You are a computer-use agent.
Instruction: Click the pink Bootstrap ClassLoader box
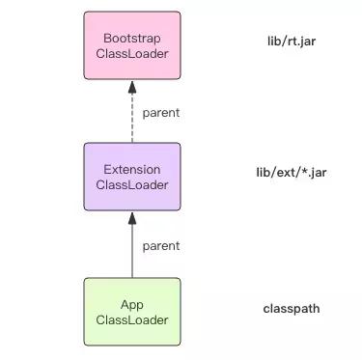(131, 46)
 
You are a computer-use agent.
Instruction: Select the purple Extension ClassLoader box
(131, 177)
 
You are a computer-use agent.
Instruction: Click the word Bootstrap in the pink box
(131, 38)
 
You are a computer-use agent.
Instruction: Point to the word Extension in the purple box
(131, 169)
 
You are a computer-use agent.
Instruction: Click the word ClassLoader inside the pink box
(131, 54)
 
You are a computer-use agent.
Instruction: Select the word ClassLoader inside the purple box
(131, 185)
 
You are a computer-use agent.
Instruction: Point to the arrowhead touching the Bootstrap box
(131, 86)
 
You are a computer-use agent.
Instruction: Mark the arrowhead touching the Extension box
(131, 217)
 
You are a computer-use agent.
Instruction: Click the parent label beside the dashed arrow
(159, 113)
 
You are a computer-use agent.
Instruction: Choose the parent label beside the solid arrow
(159, 244)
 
